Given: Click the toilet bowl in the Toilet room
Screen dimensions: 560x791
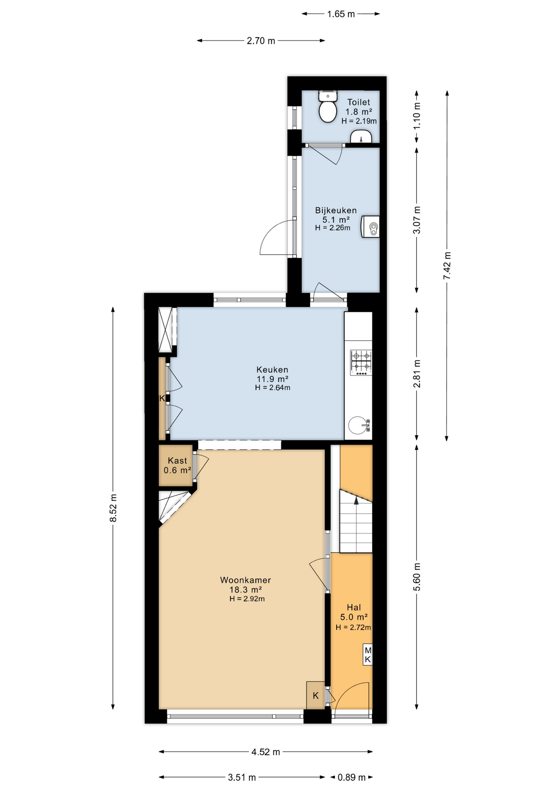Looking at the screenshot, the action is (x=328, y=108).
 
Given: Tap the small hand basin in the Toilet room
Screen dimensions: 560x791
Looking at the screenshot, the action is (x=361, y=136).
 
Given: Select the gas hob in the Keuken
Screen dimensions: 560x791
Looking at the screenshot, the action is (x=361, y=363).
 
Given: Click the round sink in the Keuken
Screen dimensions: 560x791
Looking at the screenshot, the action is (x=357, y=425).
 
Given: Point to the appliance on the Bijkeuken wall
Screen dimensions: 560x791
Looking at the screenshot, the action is (x=370, y=227).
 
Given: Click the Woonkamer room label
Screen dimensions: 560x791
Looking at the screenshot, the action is (x=245, y=580).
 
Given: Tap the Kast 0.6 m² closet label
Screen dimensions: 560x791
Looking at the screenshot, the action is (x=177, y=466).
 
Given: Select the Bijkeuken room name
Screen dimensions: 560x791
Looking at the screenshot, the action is (x=336, y=211).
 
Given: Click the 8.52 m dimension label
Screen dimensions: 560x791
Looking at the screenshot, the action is (x=113, y=508).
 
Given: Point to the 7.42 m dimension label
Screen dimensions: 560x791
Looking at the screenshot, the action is (x=447, y=265).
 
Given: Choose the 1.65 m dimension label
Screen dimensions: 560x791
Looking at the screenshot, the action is (x=341, y=14).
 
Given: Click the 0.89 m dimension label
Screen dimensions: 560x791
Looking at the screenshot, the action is (x=352, y=777).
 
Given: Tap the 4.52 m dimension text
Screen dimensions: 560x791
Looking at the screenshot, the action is (x=266, y=752).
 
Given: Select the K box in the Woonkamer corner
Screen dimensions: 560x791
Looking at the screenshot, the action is (x=315, y=695).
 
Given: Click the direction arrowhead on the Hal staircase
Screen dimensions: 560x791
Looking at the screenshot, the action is (x=356, y=500).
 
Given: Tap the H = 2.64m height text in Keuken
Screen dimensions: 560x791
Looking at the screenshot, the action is (x=273, y=388).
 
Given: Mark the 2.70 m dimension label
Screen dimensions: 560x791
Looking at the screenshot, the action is (x=261, y=41).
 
